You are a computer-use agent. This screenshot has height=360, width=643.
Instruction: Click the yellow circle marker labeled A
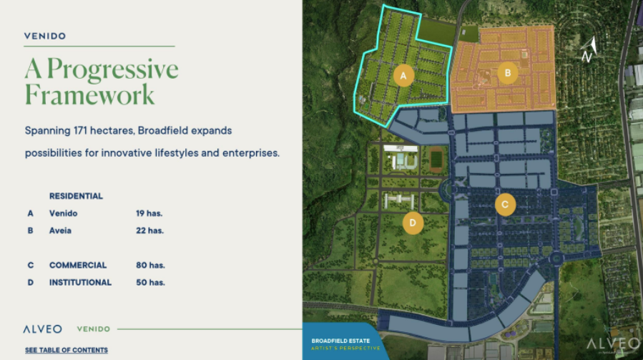(x=403, y=76)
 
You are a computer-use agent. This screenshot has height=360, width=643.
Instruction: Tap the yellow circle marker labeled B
(x=507, y=73)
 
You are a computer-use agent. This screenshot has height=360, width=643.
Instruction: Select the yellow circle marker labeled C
(x=505, y=205)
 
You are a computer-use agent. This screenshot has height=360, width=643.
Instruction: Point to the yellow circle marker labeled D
(x=413, y=223)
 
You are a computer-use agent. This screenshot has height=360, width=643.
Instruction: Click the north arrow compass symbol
(x=589, y=49)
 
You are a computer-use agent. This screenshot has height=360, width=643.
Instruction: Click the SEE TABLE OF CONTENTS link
(x=67, y=350)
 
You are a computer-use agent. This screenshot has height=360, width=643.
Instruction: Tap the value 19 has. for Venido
(x=149, y=213)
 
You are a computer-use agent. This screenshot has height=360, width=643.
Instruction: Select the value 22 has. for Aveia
(x=149, y=230)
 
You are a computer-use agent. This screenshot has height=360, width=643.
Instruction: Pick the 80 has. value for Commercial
(x=150, y=266)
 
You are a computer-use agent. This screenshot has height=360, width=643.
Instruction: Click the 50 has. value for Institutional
(x=150, y=283)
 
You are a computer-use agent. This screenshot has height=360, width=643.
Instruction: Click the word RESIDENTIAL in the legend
(x=76, y=196)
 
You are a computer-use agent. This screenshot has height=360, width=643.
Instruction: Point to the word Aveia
(x=60, y=230)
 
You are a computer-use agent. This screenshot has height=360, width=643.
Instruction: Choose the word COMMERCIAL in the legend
(x=78, y=266)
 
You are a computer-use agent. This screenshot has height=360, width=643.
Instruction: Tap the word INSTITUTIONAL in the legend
(x=80, y=283)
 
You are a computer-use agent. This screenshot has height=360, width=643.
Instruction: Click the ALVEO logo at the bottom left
(x=43, y=329)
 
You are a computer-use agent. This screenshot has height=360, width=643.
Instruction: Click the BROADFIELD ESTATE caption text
(x=340, y=341)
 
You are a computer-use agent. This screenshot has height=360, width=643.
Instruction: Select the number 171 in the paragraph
(x=80, y=130)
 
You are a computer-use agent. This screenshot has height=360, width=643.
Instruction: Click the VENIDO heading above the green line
(x=45, y=36)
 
